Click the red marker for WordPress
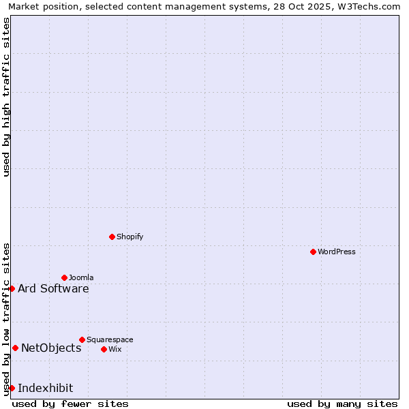(x=313, y=252)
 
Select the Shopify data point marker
(x=112, y=237)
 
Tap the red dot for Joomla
(x=64, y=277)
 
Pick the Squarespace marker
(x=82, y=339)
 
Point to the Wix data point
(x=104, y=349)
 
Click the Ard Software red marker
(x=12, y=288)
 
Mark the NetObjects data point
(x=15, y=348)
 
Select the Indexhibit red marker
(x=12, y=388)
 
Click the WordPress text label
(x=337, y=252)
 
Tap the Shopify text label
(x=130, y=237)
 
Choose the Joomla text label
(x=81, y=277)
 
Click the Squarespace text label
(x=110, y=339)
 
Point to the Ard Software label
(x=53, y=288)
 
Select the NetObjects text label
(x=51, y=348)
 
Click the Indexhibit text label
(x=45, y=388)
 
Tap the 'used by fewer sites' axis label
(x=70, y=404)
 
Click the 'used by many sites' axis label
(x=342, y=404)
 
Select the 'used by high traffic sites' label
(x=6, y=97)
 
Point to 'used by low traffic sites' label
(x=6, y=319)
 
